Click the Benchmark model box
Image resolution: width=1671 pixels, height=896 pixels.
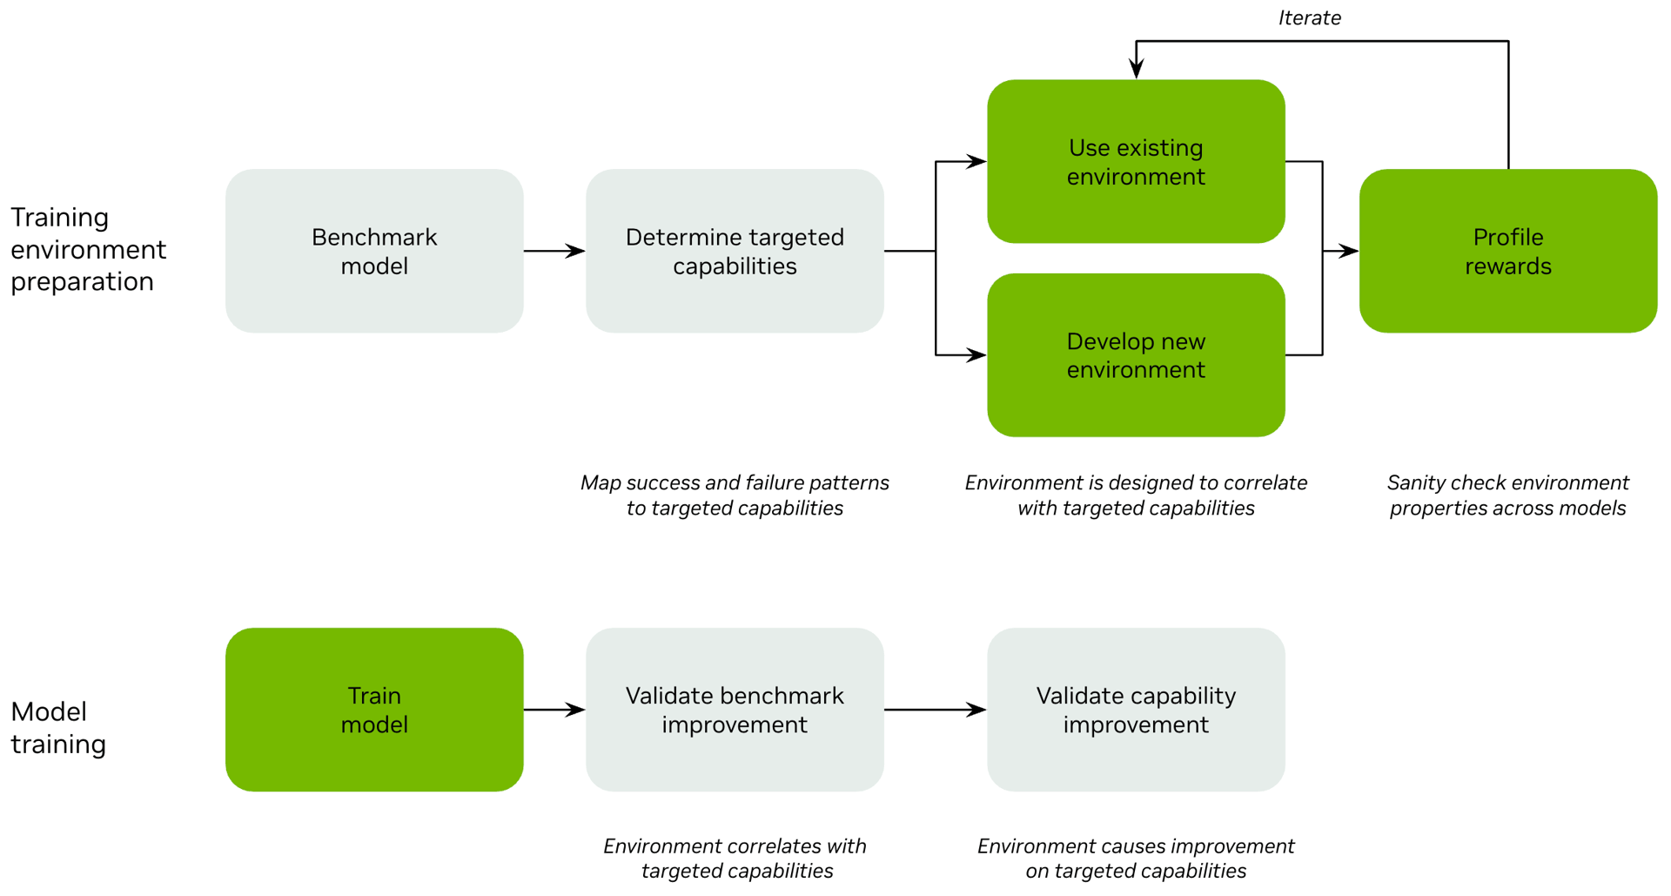click(374, 251)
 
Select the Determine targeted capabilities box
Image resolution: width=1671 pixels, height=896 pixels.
click(735, 251)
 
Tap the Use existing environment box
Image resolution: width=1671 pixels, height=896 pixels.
click(1136, 162)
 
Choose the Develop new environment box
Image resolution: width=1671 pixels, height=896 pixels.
click(1136, 355)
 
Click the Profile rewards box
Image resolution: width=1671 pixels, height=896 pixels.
click(1507, 251)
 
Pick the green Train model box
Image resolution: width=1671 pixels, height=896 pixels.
click(374, 710)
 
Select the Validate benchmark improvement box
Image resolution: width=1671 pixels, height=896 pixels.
click(735, 710)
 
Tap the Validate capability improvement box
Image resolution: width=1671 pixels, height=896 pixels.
click(1136, 710)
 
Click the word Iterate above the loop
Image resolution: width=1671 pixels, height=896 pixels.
click(1309, 18)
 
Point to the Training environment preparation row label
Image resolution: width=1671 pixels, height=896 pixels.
click(87, 249)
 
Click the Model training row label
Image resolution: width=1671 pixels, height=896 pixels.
click(58, 727)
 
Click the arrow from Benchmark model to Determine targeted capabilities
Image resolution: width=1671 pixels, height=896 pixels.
click(554, 251)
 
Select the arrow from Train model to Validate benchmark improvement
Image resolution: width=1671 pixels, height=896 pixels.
click(554, 710)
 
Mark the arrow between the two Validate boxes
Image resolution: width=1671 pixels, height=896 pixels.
click(935, 710)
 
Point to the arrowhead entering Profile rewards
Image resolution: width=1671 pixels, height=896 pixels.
click(1348, 251)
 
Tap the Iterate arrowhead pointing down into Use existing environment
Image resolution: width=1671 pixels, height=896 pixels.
click(1136, 69)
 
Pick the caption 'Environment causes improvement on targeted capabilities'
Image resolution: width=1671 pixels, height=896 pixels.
click(1136, 859)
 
